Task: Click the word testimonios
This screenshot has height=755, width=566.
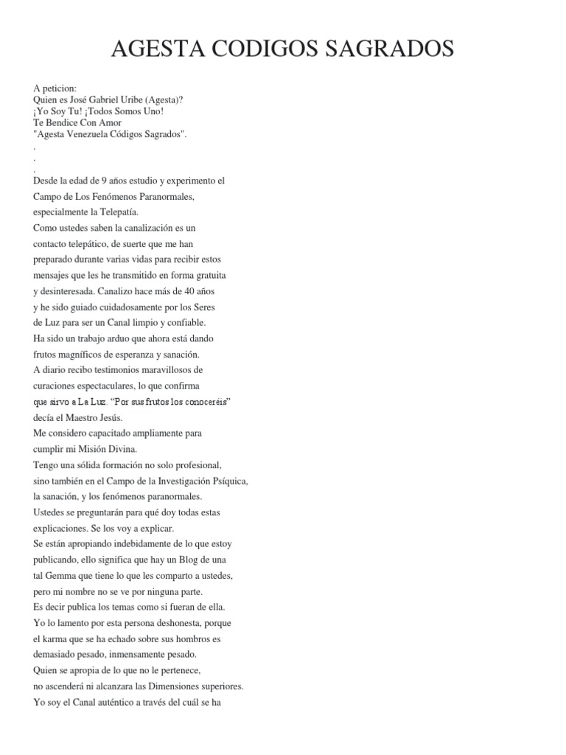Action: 107,369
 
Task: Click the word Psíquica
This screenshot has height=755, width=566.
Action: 228,481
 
